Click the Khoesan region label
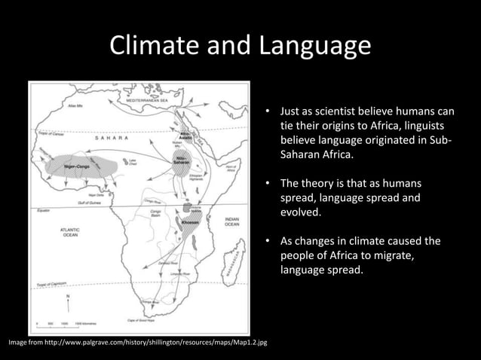point(189,222)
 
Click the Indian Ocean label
point(232,221)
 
